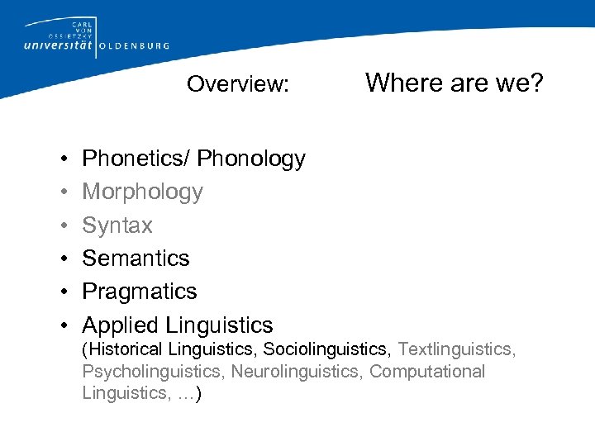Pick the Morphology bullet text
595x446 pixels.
tap(142, 192)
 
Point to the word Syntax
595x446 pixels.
tap(117, 225)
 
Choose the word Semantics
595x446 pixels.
tap(136, 259)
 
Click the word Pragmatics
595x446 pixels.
tap(140, 292)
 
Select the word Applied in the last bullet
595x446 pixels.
tap(121, 325)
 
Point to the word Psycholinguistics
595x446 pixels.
tap(154, 372)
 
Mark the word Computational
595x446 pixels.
tap(427, 372)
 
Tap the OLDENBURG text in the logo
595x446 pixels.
tap(134, 46)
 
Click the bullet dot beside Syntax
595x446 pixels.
tap(64, 225)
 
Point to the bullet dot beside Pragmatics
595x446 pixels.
tap(64, 292)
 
